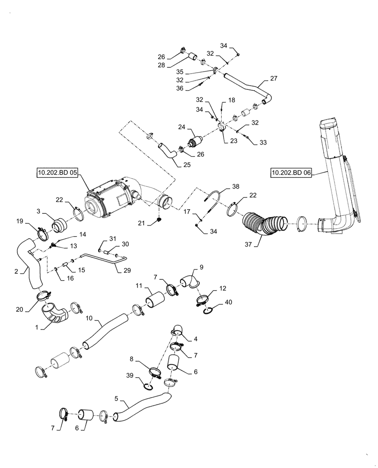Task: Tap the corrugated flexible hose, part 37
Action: click(x=264, y=222)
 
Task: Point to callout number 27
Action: click(x=274, y=78)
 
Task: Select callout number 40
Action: click(x=228, y=302)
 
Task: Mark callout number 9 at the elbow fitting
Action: click(x=201, y=268)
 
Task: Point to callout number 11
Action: click(x=139, y=285)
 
